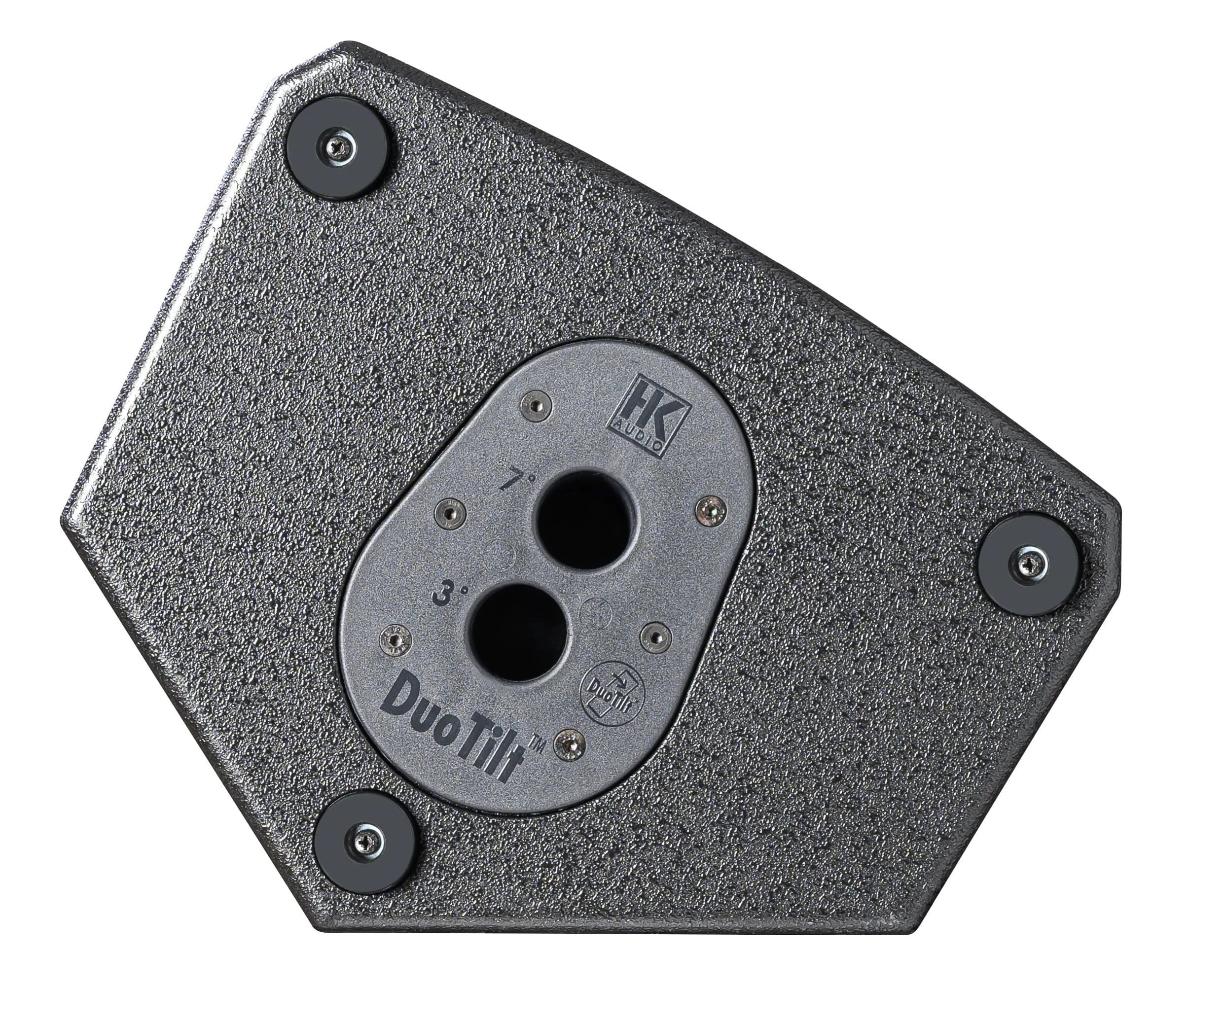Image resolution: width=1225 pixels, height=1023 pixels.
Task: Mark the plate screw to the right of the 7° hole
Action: tap(711, 510)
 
